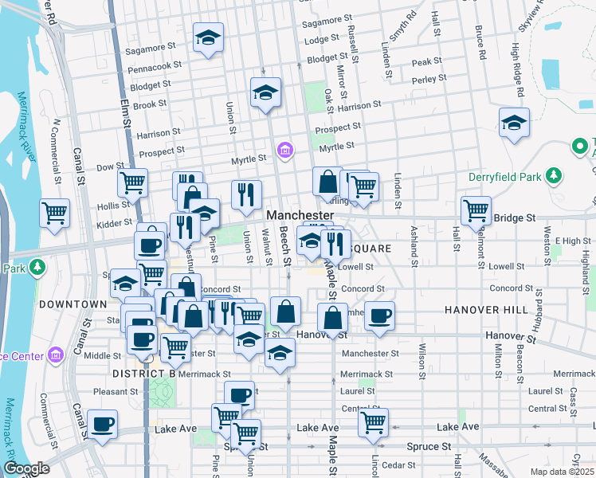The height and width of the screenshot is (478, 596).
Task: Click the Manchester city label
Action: click(x=300, y=216)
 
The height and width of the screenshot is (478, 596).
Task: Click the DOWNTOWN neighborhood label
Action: click(x=73, y=304)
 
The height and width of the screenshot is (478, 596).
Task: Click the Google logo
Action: click(x=26, y=468)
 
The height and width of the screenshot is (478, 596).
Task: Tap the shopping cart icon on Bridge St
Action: click(x=476, y=210)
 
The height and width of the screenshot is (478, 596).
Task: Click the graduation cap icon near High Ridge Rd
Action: click(x=514, y=123)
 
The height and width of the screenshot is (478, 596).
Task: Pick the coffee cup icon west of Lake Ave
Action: click(x=102, y=424)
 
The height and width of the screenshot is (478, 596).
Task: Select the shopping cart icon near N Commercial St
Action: click(x=55, y=212)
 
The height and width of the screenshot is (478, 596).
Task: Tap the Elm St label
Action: click(x=124, y=112)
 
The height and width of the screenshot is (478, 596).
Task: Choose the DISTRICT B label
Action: click(x=143, y=374)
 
